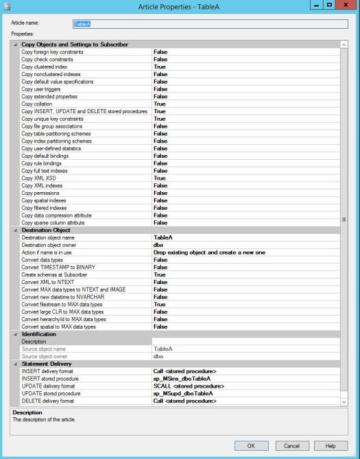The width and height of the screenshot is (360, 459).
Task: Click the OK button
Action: [252, 445]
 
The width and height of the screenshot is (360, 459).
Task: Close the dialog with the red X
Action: [346, 6]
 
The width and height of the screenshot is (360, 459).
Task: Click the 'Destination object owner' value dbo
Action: [158, 244]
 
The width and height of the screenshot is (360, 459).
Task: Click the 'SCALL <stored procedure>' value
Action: [189, 386]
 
